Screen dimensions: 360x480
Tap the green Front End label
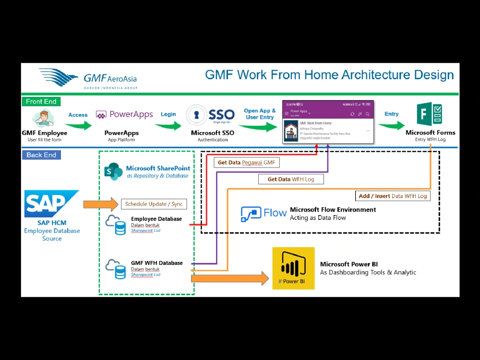pos(41,101)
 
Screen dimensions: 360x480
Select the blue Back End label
pos(41,155)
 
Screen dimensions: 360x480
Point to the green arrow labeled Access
pos(79,125)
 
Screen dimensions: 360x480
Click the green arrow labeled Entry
pos(391,125)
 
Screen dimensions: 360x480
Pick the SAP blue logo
pos(51,204)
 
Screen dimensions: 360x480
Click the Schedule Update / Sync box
pos(154,204)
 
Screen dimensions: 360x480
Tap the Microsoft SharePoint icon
pos(114,171)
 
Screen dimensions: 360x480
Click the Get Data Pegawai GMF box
pos(247,163)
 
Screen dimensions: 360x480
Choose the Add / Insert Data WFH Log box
pos(393,196)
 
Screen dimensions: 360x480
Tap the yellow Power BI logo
pos(293,268)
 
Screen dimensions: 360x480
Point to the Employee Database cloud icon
pos(116,225)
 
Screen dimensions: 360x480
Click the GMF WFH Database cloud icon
pos(116,269)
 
